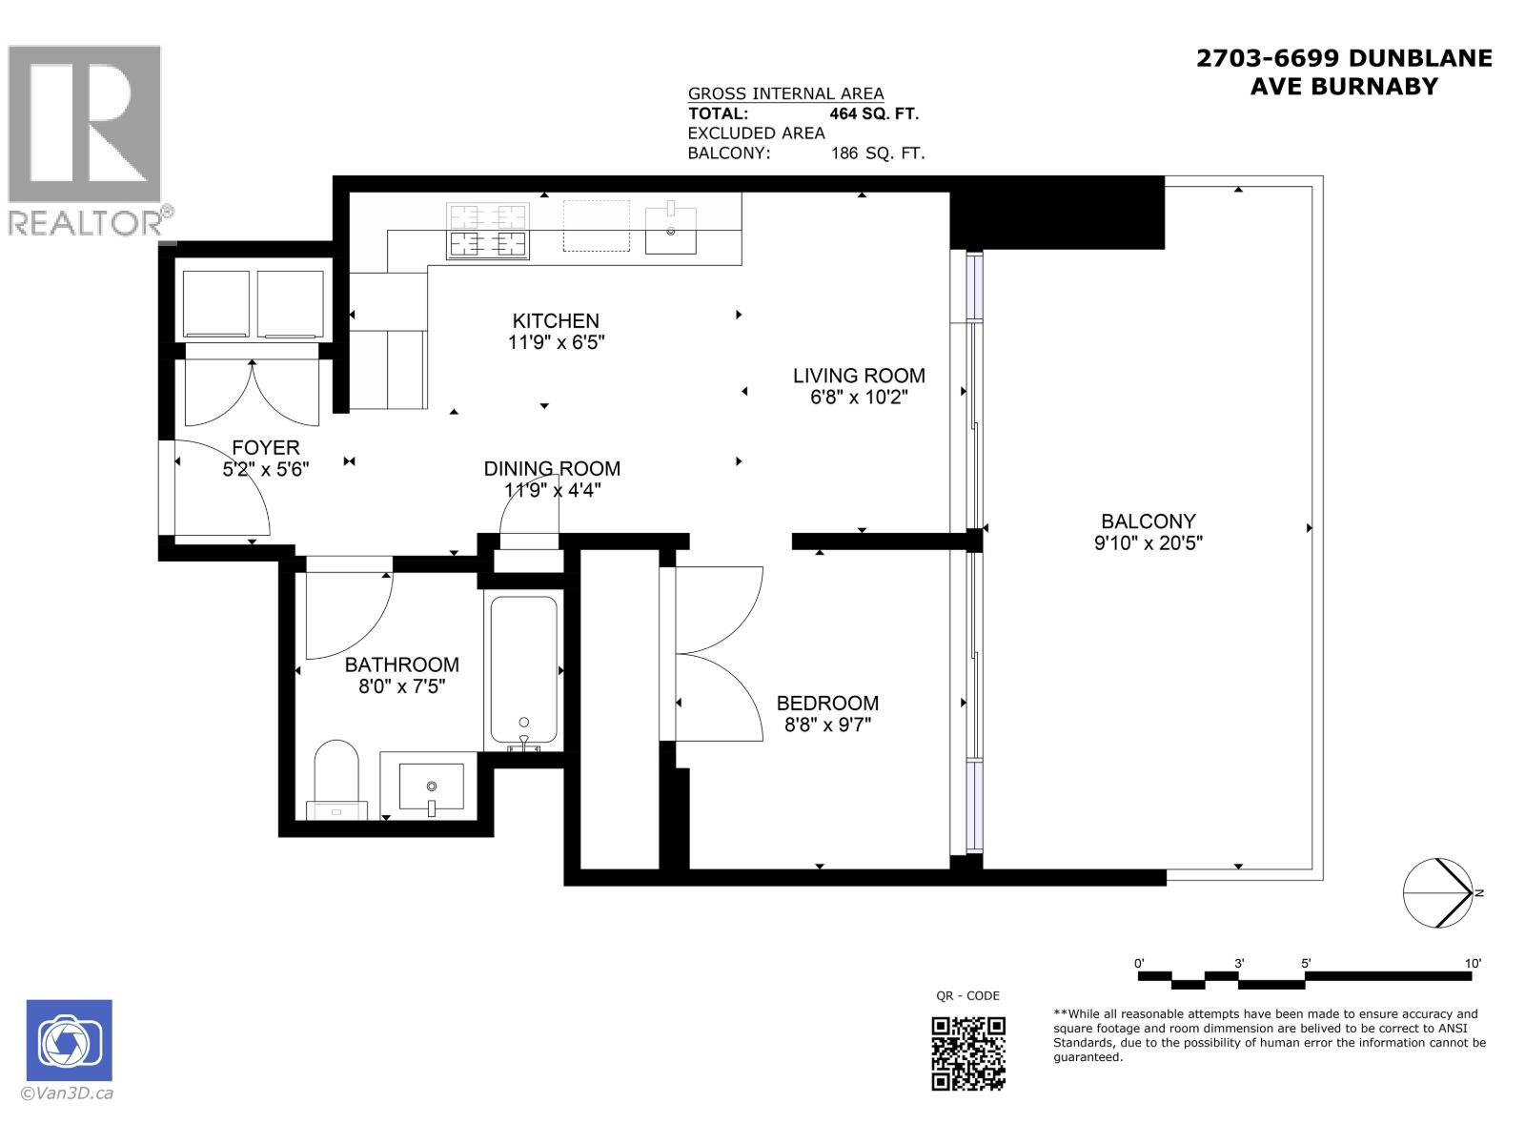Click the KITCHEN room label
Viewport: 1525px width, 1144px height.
click(x=556, y=321)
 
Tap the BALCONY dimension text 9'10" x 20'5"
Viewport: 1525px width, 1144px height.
click(x=1148, y=543)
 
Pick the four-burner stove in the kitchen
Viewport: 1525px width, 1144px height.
click(x=488, y=231)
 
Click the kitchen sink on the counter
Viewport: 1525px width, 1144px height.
click(x=670, y=229)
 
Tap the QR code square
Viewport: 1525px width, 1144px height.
click(x=967, y=1052)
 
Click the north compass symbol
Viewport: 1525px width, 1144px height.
click(x=1438, y=893)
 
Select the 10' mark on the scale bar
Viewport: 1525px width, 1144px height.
click(x=1473, y=964)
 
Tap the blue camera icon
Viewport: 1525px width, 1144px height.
click(x=69, y=1040)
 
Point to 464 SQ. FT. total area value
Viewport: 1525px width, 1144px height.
click(x=873, y=113)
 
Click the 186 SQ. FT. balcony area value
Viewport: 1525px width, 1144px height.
click(x=877, y=153)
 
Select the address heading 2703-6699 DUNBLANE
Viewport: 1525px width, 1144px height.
click(x=1344, y=58)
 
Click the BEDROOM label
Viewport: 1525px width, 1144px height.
click(x=827, y=703)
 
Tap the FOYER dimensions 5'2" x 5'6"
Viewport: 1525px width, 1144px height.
click(x=266, y=469)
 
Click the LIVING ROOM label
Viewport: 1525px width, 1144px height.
click(x=859, y=376)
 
